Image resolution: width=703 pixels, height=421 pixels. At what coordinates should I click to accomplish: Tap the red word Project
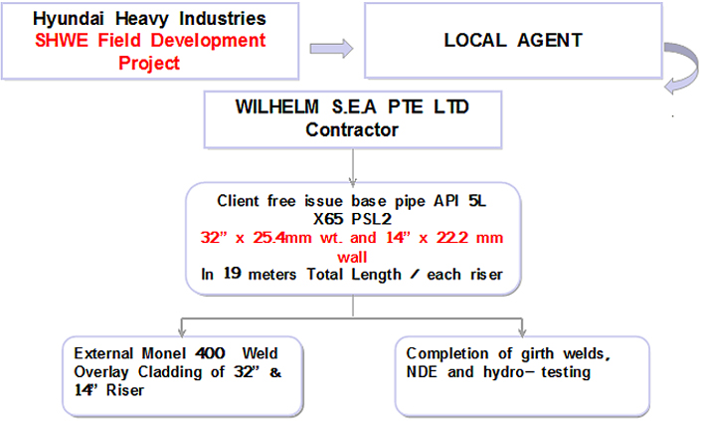pos(148,63)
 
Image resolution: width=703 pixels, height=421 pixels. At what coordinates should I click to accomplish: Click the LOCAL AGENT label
pos(512,41)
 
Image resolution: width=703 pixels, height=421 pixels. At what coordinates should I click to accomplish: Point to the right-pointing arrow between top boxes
pos(331,47)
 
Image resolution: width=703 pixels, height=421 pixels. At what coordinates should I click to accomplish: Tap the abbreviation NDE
pos(424,371)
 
